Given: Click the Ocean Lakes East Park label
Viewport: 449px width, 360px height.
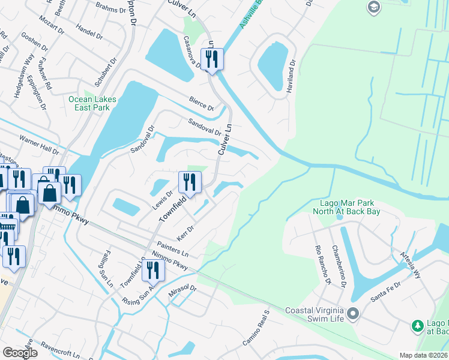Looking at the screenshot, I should coord(89,103).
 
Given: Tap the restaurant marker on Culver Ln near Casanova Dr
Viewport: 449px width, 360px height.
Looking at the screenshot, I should coord(212,59).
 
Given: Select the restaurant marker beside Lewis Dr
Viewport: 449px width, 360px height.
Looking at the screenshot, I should coord(190,182).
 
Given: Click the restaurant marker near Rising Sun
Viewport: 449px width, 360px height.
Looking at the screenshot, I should coord(155,270).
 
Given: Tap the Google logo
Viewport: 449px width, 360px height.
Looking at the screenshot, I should coord(20,353).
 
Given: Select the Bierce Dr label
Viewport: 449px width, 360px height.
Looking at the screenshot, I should coord(201,103).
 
